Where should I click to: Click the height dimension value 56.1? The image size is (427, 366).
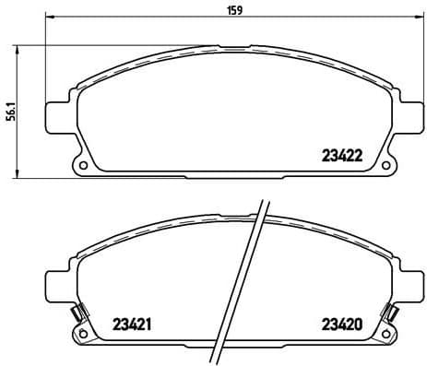[9, 112]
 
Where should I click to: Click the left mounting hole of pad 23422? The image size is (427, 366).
[84, 167]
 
